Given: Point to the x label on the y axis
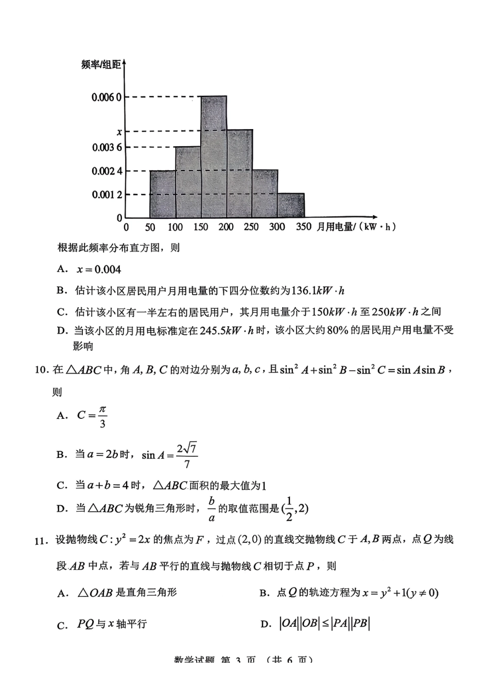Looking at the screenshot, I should (x=119, y=132).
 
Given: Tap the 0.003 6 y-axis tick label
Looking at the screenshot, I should (x=107, y=148).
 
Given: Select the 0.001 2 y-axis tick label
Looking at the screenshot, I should (x=107, y=194).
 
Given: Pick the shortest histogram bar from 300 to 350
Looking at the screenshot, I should (x=291, y=205).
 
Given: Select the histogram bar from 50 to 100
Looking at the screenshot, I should (x=163, y=194).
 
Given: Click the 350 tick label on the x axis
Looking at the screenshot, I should (x=303, y=227).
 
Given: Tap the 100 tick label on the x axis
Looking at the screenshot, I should (x=176, y=227).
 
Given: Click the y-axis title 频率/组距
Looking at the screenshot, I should (x=101, y=65).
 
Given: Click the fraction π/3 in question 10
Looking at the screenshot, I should (x=102, y=416).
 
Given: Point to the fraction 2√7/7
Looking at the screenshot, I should (x=186, y=455).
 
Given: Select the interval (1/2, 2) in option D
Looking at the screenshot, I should (x=295, y=509).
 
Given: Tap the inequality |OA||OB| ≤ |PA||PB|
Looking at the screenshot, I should (x=325, y=624).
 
